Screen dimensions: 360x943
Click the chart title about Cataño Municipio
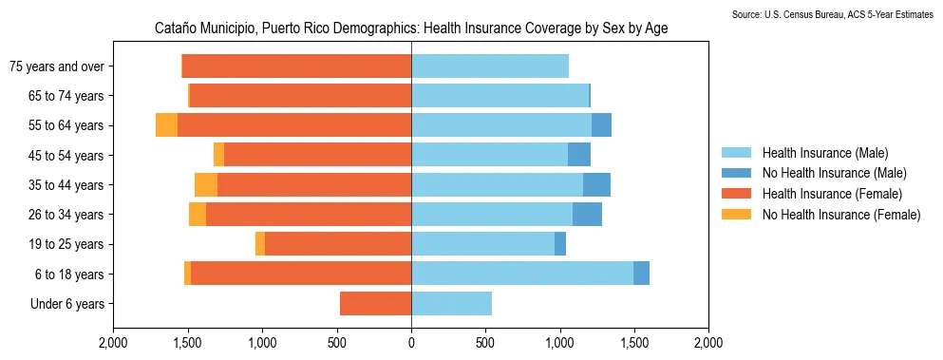[x=411, y=28]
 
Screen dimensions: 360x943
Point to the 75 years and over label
[x=56, y=66]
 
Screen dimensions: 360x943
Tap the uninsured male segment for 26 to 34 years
[x=587, y=215]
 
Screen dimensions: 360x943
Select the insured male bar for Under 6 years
[x=451, y=304]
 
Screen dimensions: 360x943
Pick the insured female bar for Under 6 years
[x=375, y=304]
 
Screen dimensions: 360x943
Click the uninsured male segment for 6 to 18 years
[x=641, y=274]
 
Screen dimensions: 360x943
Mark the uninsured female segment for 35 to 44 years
[x=206, y=185]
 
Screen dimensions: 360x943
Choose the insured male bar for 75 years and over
[x=489, y=66]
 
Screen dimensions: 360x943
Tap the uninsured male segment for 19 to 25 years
[x=560, y=244]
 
